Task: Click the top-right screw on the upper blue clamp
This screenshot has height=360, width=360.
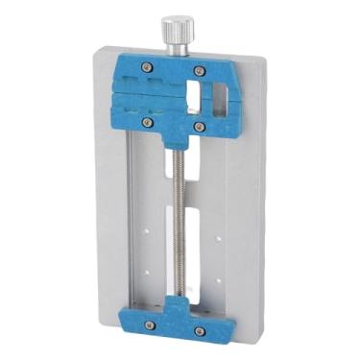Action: coord(200,70)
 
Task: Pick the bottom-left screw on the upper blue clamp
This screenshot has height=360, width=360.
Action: coord(146,122)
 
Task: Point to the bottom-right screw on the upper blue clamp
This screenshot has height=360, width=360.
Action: coord(198,126)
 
